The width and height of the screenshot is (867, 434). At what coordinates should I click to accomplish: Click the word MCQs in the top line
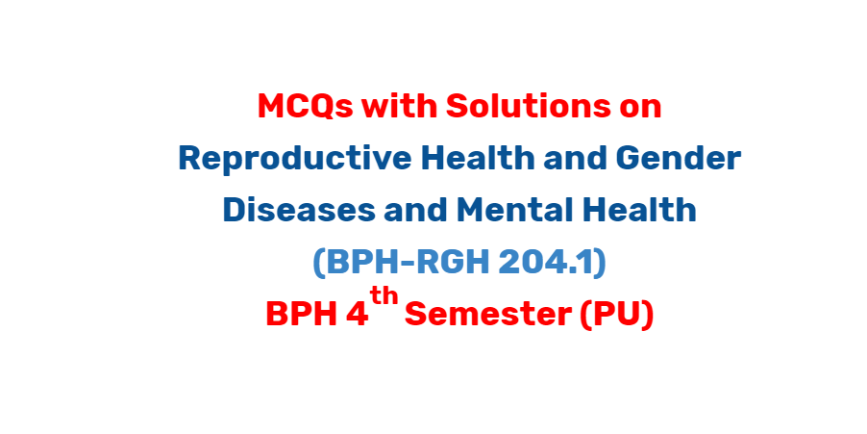(306, 107)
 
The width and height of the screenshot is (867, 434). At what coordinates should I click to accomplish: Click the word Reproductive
(295, 159)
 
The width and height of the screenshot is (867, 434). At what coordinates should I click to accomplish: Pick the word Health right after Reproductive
(478, 158)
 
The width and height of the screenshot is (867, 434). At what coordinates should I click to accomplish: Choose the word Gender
(679, 158)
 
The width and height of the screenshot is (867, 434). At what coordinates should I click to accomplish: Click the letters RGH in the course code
(449, 263)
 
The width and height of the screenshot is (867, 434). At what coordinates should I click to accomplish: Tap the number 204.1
(545, 263)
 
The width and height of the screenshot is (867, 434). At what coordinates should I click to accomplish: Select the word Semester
(488, 315)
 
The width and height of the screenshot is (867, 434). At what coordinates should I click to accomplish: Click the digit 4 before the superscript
(357, 315)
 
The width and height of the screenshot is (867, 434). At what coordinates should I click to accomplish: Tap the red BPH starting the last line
(302, 315)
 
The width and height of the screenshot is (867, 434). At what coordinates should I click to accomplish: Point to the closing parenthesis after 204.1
(599, 264)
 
